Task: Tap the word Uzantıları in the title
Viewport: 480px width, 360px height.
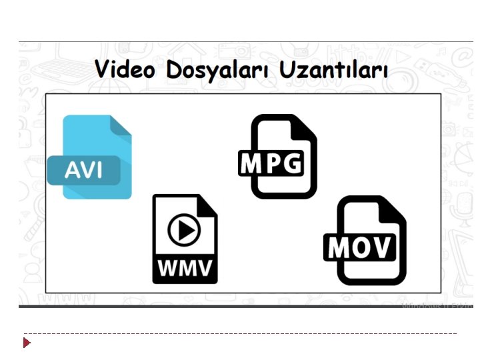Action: pos(333,69)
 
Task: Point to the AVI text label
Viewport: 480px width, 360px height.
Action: pos(83,171)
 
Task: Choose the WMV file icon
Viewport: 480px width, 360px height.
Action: pos(185,238)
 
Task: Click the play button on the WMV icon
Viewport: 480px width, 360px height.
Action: pos(184,231)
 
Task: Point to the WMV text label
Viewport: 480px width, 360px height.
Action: pos(185,269)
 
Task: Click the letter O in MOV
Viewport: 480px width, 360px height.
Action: pos(361,247)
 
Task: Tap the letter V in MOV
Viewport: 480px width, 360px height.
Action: pos(382,247)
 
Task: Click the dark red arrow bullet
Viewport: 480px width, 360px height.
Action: pos(27,343)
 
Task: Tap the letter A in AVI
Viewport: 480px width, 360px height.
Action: pos(71,171)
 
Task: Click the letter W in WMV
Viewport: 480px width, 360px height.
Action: pos(165,269)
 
